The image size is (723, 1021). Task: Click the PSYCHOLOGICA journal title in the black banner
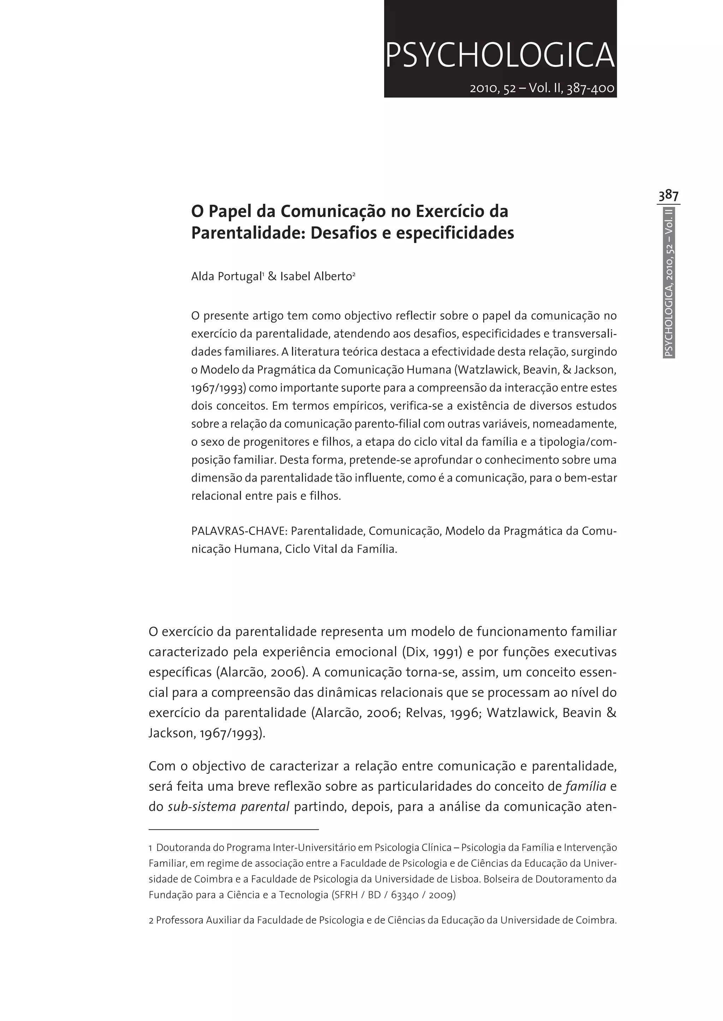(x=500, y=55)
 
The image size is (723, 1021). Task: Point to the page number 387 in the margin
(x=668, y=196)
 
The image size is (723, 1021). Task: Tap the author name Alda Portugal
(x=226, y=276)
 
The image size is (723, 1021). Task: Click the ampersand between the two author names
(x=272, y=276)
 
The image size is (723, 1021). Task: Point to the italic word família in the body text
(x=585, y=787)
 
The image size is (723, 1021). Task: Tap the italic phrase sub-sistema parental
(x=228, y=807)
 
